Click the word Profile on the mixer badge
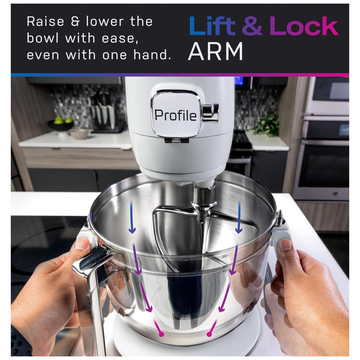point(175,115)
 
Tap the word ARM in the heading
point(215,51)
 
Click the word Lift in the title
point(212,26)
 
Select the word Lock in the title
point(304,26)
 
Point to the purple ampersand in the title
point(252,26)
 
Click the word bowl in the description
point(42,38)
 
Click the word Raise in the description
point(45,22)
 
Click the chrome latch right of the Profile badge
point(210,113)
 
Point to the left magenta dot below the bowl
point(161,334)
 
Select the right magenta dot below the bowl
point(209,334)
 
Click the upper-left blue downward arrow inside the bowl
point(132,217)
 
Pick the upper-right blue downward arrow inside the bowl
point(239,217)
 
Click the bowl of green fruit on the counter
point(60,124)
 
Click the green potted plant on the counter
point(266,125)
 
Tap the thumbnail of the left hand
point(81,244)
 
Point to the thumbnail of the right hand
point(285,245)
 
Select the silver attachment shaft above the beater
point(204,197)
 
